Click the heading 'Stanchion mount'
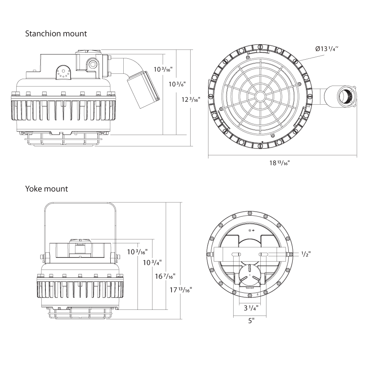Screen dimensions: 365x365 pos(56,33)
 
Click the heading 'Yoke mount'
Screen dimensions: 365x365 pos(47,189)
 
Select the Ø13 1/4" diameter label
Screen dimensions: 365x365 pos(326,49)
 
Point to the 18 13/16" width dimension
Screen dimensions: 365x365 pos(280,163)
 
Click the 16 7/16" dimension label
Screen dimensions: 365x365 pos(165,277)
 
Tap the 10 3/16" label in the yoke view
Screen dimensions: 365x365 pos(137,252)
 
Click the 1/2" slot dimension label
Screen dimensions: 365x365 pos(306,254)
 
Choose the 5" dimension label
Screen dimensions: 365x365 pos(251,321)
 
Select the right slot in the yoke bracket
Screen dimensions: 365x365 pos(264,254)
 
